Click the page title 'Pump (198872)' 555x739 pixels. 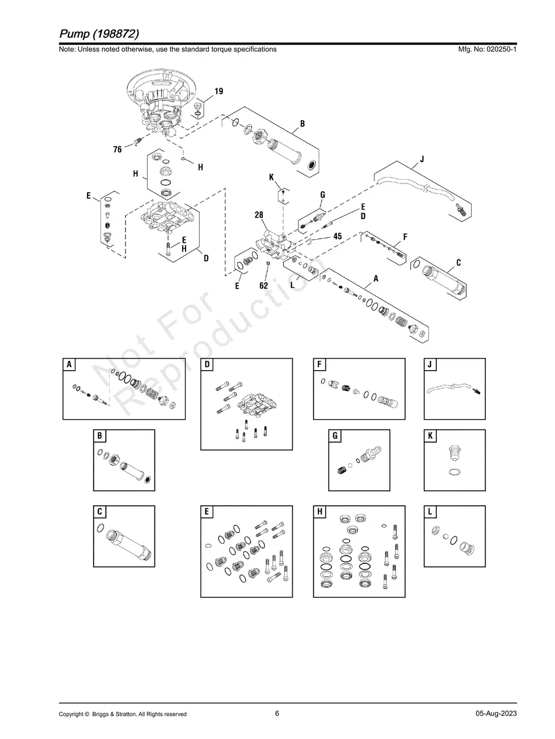point(99,34)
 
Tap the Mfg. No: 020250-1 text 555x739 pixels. point(487,50)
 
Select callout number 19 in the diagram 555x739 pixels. point(219,91)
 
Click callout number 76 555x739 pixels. point(117,149)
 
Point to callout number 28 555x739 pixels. point(259,215)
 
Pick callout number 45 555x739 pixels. point(338,236)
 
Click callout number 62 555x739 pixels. point(263,286)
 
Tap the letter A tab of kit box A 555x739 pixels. point(69,365)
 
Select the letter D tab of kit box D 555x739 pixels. point(207,365)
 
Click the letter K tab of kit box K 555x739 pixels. point(430,436)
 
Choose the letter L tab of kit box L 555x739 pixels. point(430,512)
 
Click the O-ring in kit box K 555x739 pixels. point(455,472)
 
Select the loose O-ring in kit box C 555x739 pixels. point(100,528)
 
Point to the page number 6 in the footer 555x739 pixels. point(277,713)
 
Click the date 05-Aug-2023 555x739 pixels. point(496,713)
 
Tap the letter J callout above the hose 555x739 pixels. point(422,159)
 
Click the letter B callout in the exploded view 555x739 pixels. point(302,124)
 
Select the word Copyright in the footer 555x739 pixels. point(72,714)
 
